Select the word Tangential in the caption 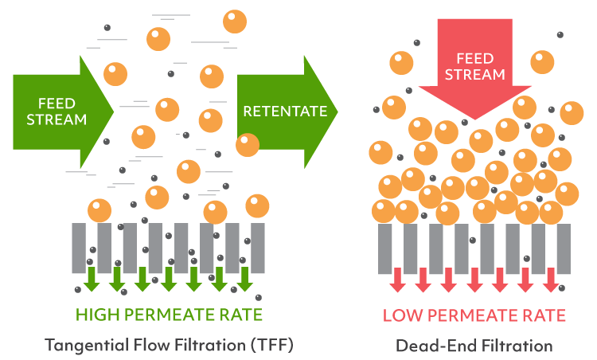click(84, 346)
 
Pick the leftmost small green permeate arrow click(92, 279)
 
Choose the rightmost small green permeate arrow click(244, 279)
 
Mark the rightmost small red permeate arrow click(551, 279)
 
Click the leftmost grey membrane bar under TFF click(79, 248)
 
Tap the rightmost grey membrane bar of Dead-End click(564, 248)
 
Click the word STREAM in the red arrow click(474, 75)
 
